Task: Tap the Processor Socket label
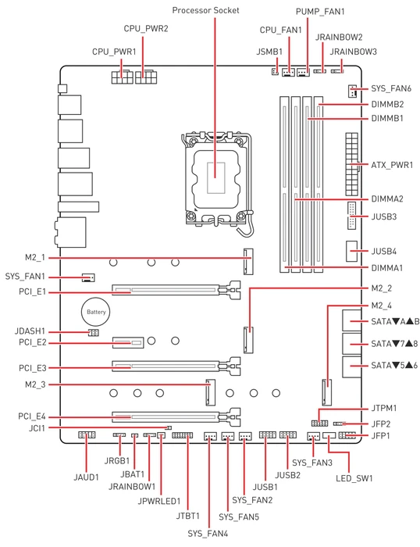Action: [x=205, y=10]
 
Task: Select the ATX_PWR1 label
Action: [x=392, y=165]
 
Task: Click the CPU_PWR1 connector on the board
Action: [x=122, y=77]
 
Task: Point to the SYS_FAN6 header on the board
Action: [x=352, y=91]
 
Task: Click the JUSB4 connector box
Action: [x=351, y=251]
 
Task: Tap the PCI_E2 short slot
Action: [x=128, y=342]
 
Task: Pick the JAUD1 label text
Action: [x=86, y=477]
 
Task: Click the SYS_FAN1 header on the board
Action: [x=88, y=277]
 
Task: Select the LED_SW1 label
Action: [x=354, y=478]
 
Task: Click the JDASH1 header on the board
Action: [x=93, y=333]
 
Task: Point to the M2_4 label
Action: [x=381, y=306]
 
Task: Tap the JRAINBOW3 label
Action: [x=353, y=52]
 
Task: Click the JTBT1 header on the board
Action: [x=183, y=435]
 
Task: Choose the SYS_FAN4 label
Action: [x=208, y=534]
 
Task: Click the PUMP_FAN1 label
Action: [x=320, y=12]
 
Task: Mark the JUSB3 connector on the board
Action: [x=351, y=215]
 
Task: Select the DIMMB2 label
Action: [x=387, y=104]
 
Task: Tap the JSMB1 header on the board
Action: [x=275, y=72]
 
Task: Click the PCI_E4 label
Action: [x=32, y=417]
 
